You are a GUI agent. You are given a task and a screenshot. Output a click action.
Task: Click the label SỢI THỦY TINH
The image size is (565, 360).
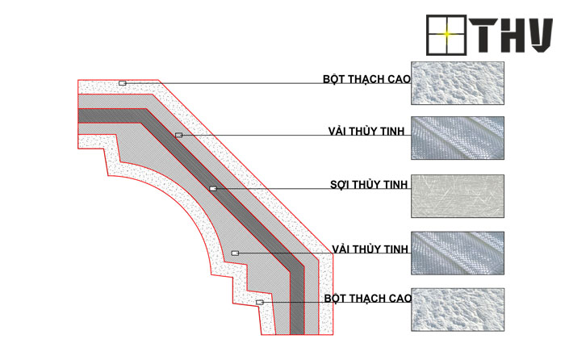click(x=369, y=185)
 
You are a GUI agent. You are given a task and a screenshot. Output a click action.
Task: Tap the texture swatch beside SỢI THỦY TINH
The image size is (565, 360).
click(x=458, y=196)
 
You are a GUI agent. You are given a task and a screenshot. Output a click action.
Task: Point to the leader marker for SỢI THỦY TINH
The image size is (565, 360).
click(x=213, y=188)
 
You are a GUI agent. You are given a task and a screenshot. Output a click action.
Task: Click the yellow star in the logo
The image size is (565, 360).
click(x=446, y=34)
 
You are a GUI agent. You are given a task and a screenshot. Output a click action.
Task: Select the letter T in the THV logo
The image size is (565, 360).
click(x=483, y=35)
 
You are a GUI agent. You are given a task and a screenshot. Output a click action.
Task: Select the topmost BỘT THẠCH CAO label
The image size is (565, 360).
click(x=366, y=79)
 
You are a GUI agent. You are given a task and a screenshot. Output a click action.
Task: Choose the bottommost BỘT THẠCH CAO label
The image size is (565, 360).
click(x=367, y=299)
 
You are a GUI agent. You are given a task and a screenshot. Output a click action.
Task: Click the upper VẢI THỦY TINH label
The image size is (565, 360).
click(x=366, y=132)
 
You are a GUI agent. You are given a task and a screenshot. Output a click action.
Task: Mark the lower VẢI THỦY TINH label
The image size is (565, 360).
click(x=370, y=249)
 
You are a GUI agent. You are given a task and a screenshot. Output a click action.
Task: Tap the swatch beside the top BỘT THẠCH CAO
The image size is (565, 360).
click(x=458, y=83)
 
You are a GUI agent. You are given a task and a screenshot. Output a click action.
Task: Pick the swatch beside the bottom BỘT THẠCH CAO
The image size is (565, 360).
click(x=458, y=309)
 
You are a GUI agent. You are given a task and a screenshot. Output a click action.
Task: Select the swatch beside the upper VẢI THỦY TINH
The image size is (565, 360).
click(x=458, y=138)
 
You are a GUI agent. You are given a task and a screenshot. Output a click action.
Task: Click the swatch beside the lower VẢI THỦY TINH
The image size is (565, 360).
click(x=458, y=253)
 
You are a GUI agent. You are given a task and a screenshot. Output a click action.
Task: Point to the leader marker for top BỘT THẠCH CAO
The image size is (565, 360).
click(x=123, y=83)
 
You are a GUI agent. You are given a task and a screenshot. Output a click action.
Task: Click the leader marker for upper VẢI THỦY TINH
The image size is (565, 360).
click(x=178, y=135)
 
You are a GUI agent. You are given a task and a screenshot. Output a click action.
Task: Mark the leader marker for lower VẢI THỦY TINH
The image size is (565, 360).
click(x=235, y=253)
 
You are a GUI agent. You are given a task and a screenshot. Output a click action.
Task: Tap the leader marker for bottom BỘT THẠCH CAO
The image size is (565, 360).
click(x=260, y=303)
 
